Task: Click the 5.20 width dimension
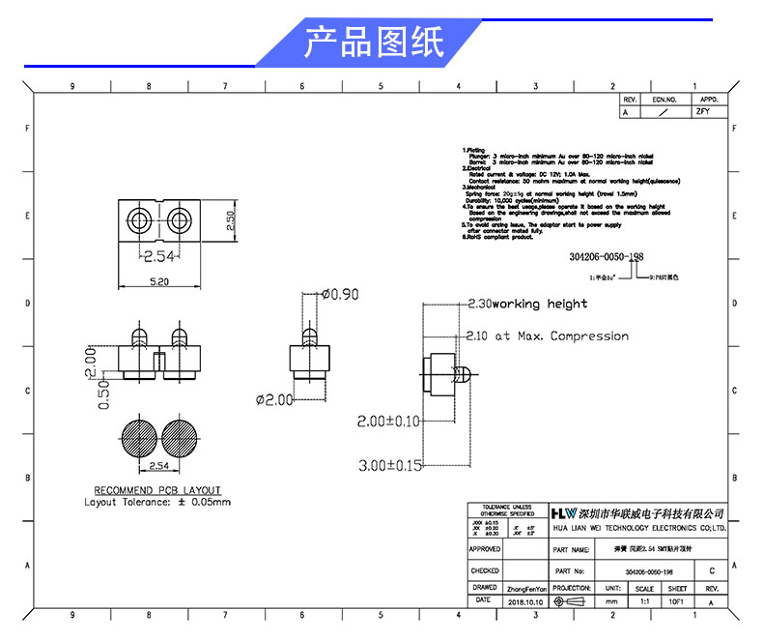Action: (159, 280)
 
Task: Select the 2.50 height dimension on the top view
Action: (231, 219)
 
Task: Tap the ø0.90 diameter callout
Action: (339, 294)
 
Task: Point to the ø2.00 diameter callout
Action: (273, 399)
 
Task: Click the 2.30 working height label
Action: (526, 304)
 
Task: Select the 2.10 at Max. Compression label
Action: (547, 336)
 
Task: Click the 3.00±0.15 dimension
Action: (389, 465)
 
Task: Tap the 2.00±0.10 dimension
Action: (389, 422)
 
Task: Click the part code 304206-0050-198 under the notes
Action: (599, 257)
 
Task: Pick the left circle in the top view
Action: (139, 219)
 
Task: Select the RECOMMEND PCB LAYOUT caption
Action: (157, 490)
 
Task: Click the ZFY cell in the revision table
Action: (702, 112)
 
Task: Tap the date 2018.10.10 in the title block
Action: (526, 601)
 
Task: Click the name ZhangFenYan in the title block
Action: (526, 588)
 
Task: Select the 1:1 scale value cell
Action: (644, 601)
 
